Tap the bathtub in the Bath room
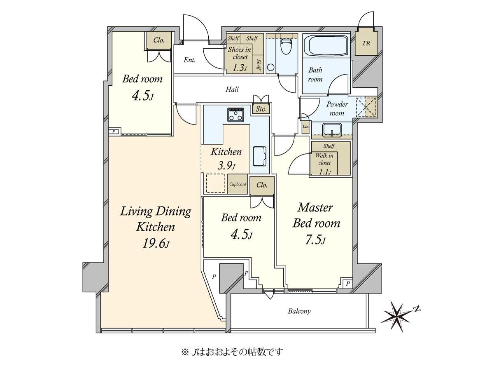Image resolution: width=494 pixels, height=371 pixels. tap(326, 46)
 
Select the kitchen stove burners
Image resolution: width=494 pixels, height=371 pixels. tap(235, 115)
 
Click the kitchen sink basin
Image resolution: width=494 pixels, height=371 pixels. tap(259, 156)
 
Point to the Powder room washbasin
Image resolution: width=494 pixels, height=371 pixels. tap(332, 130)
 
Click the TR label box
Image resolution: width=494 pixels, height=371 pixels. tap(366, 43)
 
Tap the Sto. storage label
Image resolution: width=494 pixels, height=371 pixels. tap(261, 109)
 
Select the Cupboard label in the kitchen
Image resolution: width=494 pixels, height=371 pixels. tap(238, 184)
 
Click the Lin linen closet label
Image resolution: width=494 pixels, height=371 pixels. tap(305, 127)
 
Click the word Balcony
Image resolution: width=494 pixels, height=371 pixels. tap(299, 311)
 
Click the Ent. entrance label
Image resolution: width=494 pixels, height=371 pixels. tap(189, 60)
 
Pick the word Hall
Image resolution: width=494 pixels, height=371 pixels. tap(232, 89)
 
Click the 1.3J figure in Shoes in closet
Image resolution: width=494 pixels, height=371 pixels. tap(240, 68)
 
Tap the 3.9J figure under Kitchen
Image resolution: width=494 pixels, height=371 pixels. tap(226, 166)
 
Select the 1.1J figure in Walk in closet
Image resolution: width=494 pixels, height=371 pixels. tap(325, 172)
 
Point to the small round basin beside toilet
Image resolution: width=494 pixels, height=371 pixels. tap(271, 67)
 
